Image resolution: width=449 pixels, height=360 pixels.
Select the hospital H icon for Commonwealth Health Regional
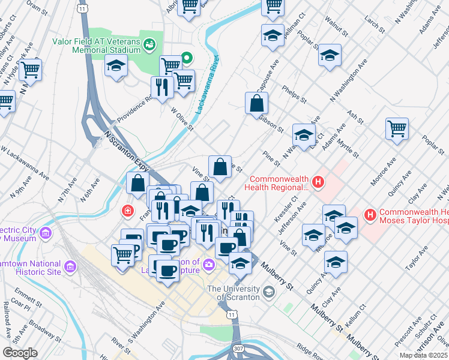(319, 181)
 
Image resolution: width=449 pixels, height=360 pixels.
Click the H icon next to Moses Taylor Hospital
(371, 214)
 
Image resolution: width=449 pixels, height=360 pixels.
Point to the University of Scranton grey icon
(268, 292)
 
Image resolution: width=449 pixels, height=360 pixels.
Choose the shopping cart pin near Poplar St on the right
(397, 128)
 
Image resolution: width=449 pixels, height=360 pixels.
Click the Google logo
(20, 352)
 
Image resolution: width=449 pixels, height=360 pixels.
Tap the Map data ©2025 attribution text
(423, 355)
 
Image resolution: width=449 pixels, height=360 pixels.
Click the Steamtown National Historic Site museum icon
(70, 266)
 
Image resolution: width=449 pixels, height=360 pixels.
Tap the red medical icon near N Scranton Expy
(127, 211)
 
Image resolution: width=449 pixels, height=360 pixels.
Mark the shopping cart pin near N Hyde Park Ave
(30, 68)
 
